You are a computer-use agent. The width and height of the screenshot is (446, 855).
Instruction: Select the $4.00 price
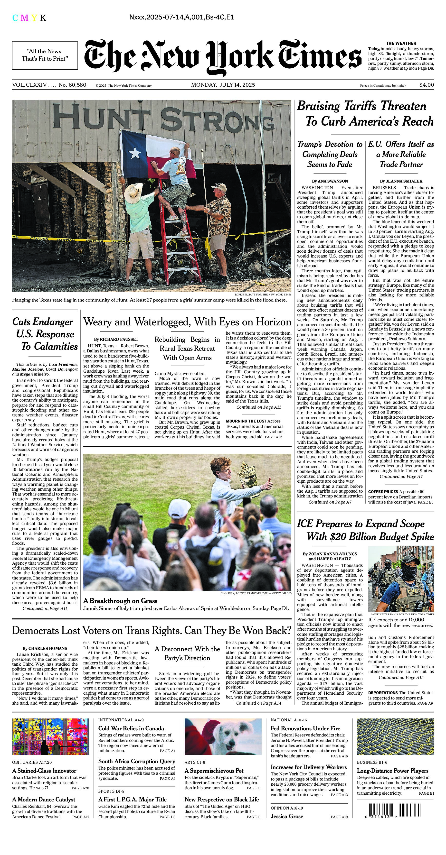(427, 85)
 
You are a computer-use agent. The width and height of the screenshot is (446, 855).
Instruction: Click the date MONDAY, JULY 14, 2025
(223, 85)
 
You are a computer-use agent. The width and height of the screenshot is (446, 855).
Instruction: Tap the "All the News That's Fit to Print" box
(45, 55)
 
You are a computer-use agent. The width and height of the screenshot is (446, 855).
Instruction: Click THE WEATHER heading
(401, 43)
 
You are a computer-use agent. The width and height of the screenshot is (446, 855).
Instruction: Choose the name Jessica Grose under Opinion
(287, 816)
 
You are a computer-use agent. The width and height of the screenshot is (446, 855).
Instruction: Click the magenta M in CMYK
(24, 18)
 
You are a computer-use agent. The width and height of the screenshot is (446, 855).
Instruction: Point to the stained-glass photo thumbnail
(50, 736)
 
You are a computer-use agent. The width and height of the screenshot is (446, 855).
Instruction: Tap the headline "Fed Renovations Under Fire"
(305, 728)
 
